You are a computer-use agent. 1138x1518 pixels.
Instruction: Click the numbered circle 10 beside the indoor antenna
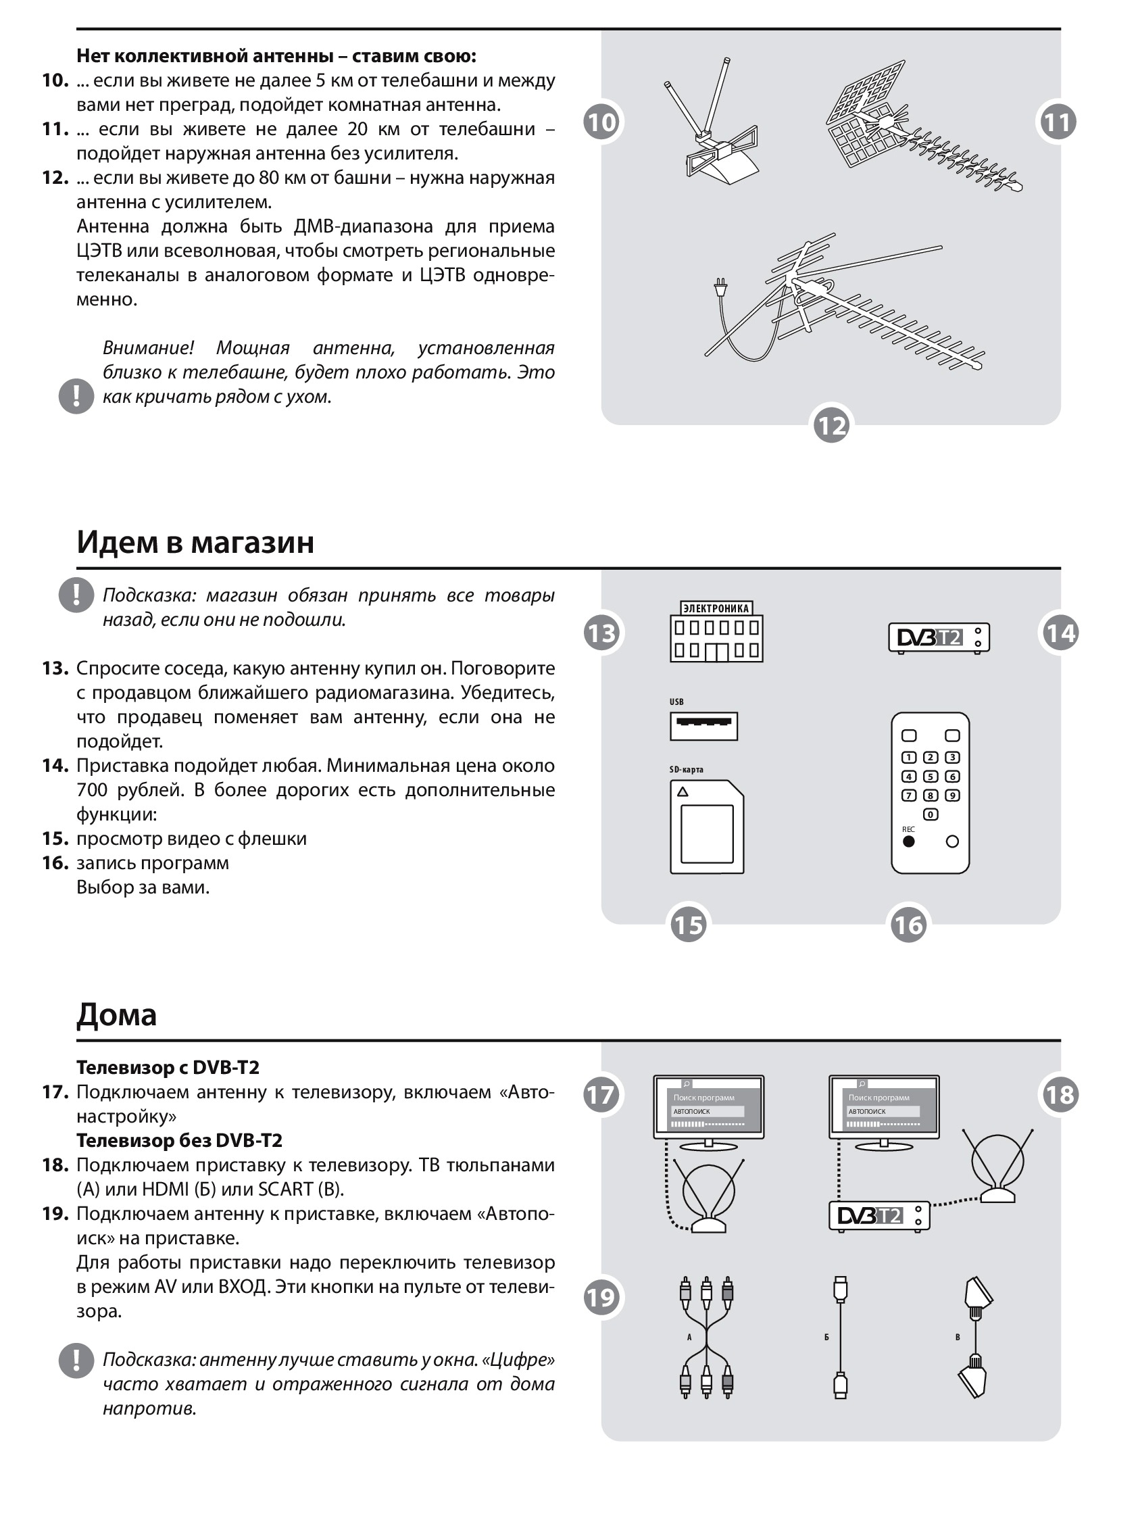pos(601,122)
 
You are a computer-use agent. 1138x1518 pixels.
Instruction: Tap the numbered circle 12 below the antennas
pos(831,426)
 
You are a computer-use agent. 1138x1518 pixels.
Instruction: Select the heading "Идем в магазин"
pos(195,542)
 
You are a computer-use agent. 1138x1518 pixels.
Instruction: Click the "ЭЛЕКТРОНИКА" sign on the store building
pos(716,608)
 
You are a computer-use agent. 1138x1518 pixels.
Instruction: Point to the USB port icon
pos(703,726)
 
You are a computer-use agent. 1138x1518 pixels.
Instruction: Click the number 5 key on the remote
pos(930,777)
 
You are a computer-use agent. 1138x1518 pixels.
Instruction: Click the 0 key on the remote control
pos(930,814)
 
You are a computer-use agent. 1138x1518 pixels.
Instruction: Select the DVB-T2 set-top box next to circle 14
pos(939,637)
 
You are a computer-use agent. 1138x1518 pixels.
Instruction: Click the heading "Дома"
pos(117,1014)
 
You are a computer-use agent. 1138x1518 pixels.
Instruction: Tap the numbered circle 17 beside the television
pos(601,1095)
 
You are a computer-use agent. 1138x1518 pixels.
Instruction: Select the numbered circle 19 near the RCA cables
pos(601,1297)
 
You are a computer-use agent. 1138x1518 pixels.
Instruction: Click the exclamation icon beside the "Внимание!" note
pos(76,396)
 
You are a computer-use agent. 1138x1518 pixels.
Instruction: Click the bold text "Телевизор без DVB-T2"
pos(179,1141)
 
